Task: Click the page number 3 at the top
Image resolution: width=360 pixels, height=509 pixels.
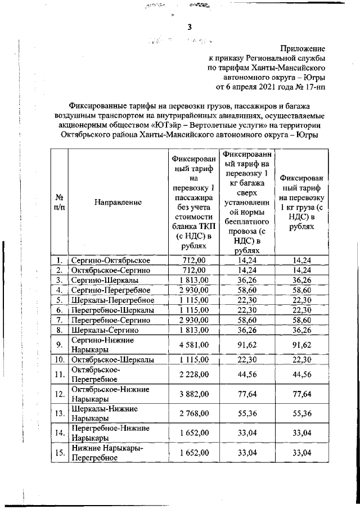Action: point(189,28)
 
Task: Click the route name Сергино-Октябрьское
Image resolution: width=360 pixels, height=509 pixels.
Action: point(110,260)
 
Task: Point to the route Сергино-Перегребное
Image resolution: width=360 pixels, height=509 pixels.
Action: point(110,290)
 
